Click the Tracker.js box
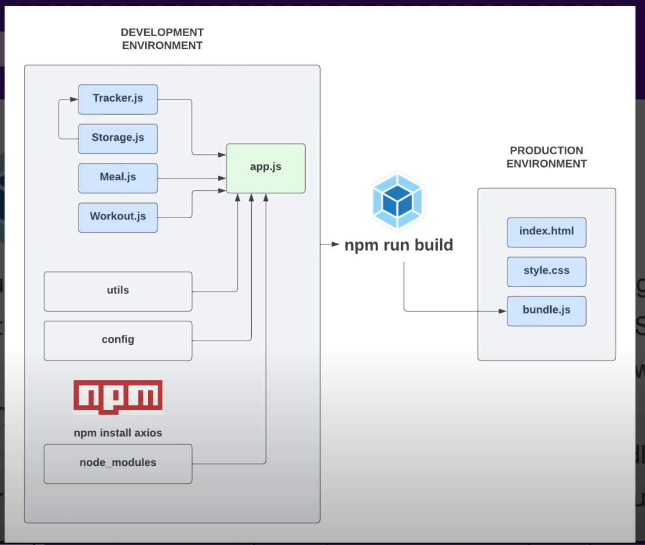tap(118, 99)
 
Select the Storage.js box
tap(118, 139)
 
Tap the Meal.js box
tap(118, 178)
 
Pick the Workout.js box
tap(118, 217)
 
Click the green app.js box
tap(266, 168)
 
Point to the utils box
tap(118, 292)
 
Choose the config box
tap(118, 340)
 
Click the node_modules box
tap(118, 463)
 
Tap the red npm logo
tap(118, 397)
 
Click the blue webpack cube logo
tap(398, 201)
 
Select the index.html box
tap(546, 232)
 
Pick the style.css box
tap(546, 272)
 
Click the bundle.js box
tap(546, 311)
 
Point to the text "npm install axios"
tap(118, 433)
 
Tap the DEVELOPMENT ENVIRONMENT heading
tap(162, 39)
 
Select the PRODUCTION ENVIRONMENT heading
tap(546, 157)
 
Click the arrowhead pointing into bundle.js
tap(502, 311)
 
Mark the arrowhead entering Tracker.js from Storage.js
tap(74, 99)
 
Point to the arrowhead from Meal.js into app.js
tap(222, 178)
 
